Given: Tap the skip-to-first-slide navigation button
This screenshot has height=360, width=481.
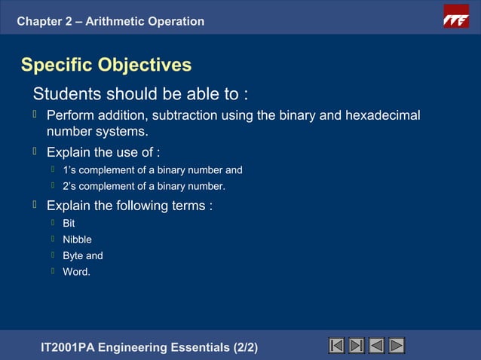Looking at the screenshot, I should pyautogui.click(x=337, y=346).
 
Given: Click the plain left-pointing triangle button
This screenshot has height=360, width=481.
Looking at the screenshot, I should pyautogui.click(x=376, y=346).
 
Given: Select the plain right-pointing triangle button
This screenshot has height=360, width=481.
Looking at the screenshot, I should pyautogui.click(x=396, y=346).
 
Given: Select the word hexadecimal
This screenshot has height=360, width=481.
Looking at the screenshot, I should pyautogui.click(x=382, y=116).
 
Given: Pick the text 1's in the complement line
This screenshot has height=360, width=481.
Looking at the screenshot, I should pyautogui.click(x=70, y=170).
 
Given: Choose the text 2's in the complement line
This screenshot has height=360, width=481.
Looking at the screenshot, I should pyautogui.click(x=70, y=186).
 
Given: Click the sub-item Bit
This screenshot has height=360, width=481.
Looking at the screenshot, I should pyautogui.click(x=69, y=224).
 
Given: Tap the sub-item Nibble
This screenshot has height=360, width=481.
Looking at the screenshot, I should pyautogui.click(x=77, y=239).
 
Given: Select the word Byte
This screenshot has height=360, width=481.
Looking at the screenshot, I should pyautogui.click(x=73, y=255).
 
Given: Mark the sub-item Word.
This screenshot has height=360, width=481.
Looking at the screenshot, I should pyautogui.click(x=76, y=271).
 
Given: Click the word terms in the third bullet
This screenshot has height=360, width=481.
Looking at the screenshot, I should pyautogui.click(x=188, y=206).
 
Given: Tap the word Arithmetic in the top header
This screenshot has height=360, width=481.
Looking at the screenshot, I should pyautogui.click(x=115, y=21).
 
